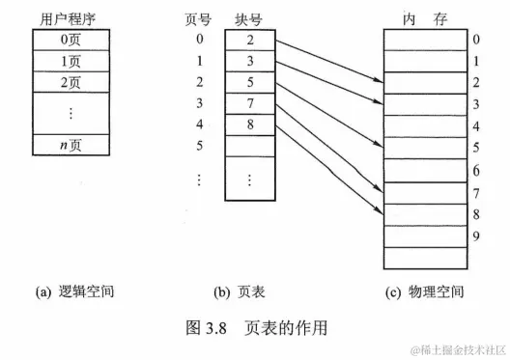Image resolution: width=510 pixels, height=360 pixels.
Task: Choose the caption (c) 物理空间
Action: (x=422, y=291)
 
